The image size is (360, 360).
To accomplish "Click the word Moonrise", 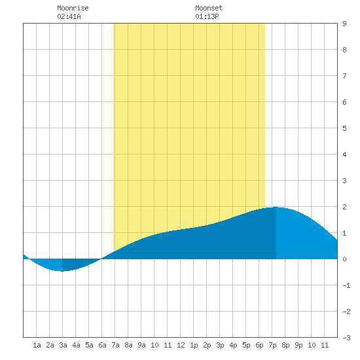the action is click(x=73, y=8).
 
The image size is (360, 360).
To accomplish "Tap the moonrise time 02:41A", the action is click(x=69, y=16).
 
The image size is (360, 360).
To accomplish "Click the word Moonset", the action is click(x=209, y=8).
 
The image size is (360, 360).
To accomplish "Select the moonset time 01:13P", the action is click(x=207, y=16).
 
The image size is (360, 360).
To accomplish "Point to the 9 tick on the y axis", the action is click(x=344, y=24).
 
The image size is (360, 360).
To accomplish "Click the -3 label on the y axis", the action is click(x=346, y=338).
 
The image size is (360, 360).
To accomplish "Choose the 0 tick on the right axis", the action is click(x=344, y=259).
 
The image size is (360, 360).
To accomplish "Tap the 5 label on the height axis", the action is click(x=344, y=128).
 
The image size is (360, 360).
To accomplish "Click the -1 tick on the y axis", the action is click(x=346, y=285).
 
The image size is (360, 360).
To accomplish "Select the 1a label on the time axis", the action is click(x=37, y=345).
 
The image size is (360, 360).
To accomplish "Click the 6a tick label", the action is click(x=102, y=345).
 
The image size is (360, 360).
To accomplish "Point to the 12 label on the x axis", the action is click(x=181, y=345).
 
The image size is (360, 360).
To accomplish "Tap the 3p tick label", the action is click(x=220, y=345).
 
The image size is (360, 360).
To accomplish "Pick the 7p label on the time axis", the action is click(x=272, y=345).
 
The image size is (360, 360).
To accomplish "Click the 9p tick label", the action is click(x=298, y=345).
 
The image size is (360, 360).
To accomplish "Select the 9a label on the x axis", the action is click(x=141, y=345).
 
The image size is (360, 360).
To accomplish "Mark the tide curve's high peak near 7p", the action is click(x=276, y=207).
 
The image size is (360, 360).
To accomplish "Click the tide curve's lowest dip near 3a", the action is click(x=62, y=271).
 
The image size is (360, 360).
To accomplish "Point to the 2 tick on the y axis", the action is click(x=344, y=207).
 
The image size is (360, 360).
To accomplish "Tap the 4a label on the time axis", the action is click(x=76, y=345).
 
